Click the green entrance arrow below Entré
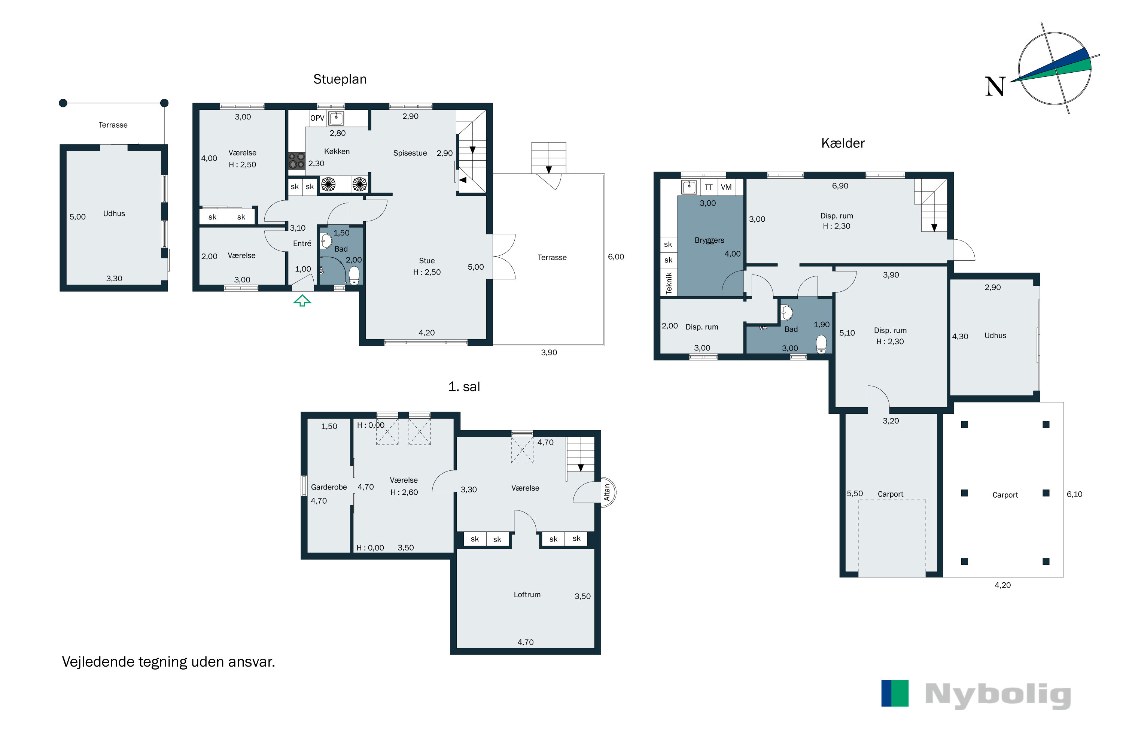point(302,300)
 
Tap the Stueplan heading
point(340,79)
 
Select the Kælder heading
point(843,143)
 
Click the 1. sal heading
point(464,386)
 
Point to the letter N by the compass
point(995,87)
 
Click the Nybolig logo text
point(998,695)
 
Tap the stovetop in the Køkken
point(296,161)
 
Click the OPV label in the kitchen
point(317,118)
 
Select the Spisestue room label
point(410,153)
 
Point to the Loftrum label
point(527,595)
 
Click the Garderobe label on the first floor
point(329,487)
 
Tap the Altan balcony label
point(607,492)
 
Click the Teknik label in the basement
point(669,283)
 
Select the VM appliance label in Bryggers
point(726,187)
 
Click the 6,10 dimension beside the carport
point(1074,494)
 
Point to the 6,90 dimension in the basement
point(840,186)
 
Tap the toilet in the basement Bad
point(821,344)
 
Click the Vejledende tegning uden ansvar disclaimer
point(168,662)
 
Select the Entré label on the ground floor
point(302,244)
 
